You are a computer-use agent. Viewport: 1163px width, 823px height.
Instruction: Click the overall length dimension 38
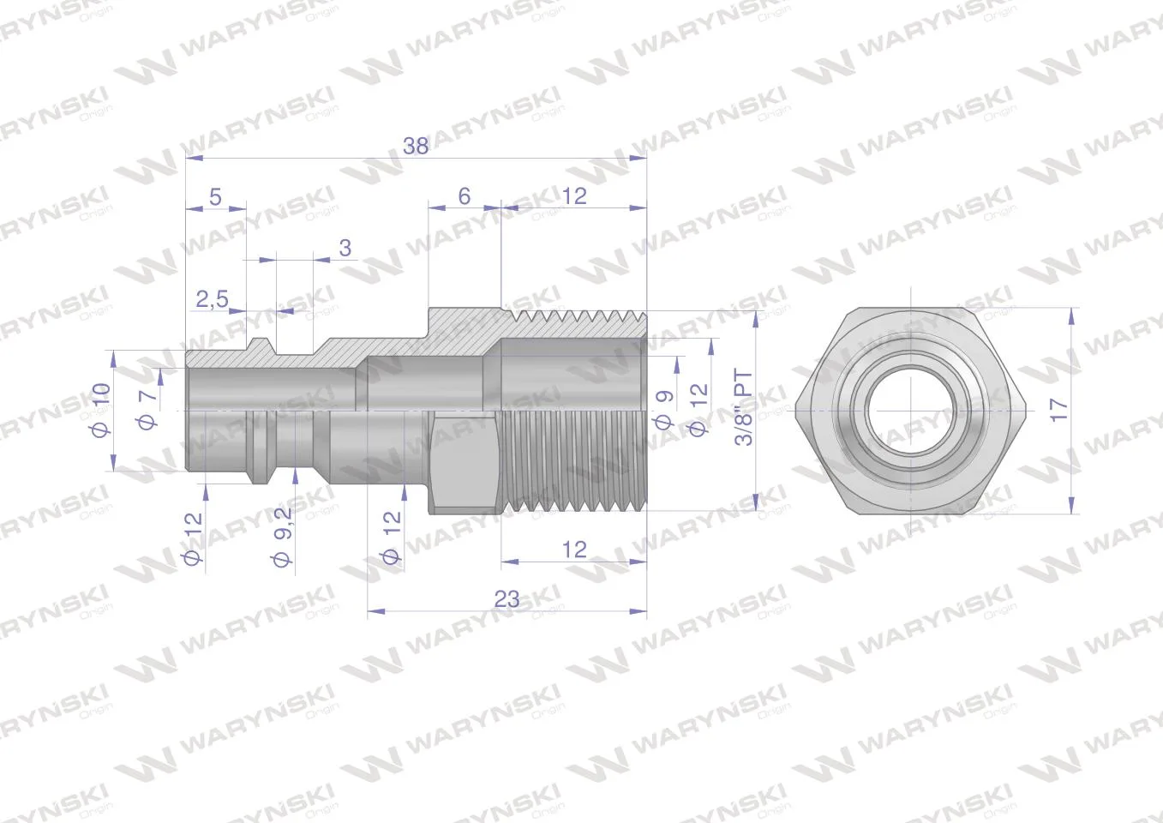coord(416,146)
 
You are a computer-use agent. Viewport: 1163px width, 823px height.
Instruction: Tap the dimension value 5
coord(215,197)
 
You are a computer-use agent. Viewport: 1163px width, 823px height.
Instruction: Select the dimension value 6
coord(465,195)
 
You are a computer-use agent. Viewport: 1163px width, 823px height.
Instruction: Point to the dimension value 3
coord(345,248)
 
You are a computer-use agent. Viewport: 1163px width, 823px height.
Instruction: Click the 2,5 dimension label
coord(213,299)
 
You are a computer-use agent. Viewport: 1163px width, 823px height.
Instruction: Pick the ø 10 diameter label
coord(101,410)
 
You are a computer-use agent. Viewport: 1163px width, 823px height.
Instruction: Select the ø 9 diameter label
coord(664,410)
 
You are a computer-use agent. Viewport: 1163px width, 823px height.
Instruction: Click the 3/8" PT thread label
coord(744,407)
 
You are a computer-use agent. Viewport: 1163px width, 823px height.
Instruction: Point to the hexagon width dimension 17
coord(1058,410)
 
